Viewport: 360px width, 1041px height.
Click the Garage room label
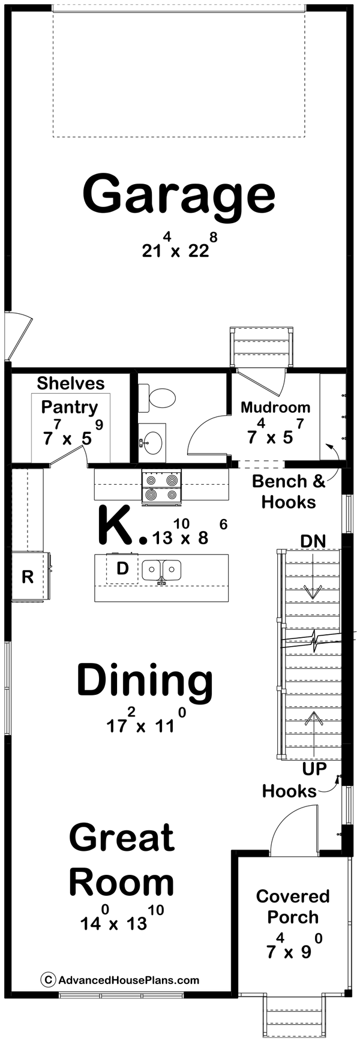pyautogui.click(x=179, y=195)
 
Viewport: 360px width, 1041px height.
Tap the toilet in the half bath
pyautogui.click(x=158, y=397)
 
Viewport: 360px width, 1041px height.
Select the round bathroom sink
pyautogui.click(x=152, y=442)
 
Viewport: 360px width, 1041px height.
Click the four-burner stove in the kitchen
pyautogui.click(x=161, y=487)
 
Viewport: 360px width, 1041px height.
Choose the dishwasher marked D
pyautogui.click(x=122, y=568)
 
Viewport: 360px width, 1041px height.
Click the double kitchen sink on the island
pyautogui.click(x=161, y=570)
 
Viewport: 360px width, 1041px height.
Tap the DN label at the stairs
pyautogui.click(x=313, y=541)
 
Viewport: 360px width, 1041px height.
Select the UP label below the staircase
pyautogui.click(x=313, y=769)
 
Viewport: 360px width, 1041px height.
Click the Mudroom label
pyautogui.click(x=275, y=407)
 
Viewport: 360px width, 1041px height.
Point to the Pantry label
pyautogui.click(x=69, y=407)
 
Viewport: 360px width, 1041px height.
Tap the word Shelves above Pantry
pyautogui.click(x=70, y=383)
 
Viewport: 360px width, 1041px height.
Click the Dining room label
pyautogui.click(x=145, y=681)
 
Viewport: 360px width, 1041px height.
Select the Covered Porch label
pyautogui.click(x=292, y=907)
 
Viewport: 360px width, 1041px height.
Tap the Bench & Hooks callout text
pyautogui.click(x=289, y=491)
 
